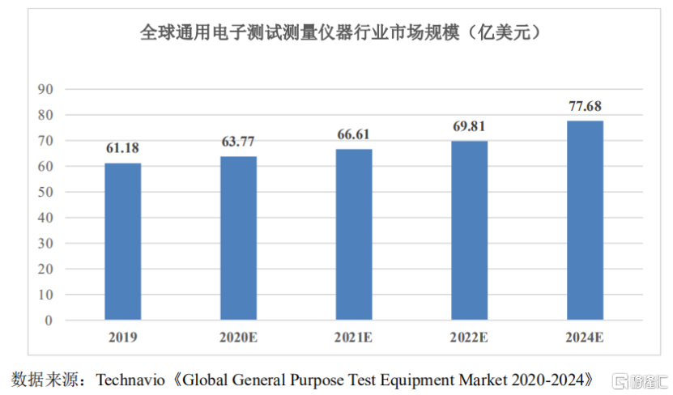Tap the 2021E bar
pyautogui.click(x=354, y=235)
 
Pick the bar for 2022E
pyautogui.click(x=470, y=231)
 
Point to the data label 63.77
pyautogui.click(x=238, y=142)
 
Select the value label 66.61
pyautogui.click(x=354, y=135)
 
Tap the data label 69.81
pyautogui.click(x=470, y=127)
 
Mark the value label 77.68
pyautogui.click(x=585, y=107)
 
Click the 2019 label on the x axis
pyautogui.click(x=122, y=336)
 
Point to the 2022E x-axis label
pyautogui.click(x=470, y=336)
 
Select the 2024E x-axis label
pyautogui.click(x=585, y=336)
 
